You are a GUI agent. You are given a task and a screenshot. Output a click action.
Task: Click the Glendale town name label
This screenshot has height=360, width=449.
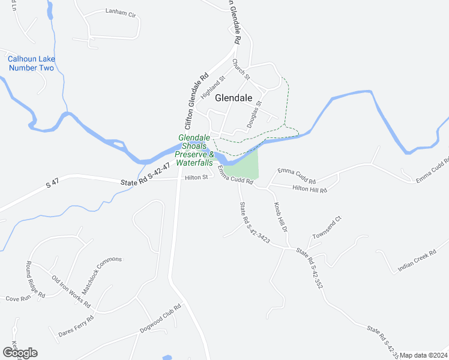click(x=234, y=97)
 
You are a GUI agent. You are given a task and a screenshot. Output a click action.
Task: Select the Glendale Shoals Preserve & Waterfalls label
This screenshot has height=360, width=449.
click(x=194, y=150)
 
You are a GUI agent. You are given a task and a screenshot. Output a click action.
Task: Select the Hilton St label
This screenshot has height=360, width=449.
click(x=196, y=177)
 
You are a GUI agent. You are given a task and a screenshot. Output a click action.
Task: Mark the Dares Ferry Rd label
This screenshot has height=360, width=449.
click(x=76, y=326)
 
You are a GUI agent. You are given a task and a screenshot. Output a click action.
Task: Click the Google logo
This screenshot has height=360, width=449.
click(x=20, y=353)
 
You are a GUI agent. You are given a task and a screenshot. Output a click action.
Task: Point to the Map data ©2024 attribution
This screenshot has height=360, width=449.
click(x=423, y=355)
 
